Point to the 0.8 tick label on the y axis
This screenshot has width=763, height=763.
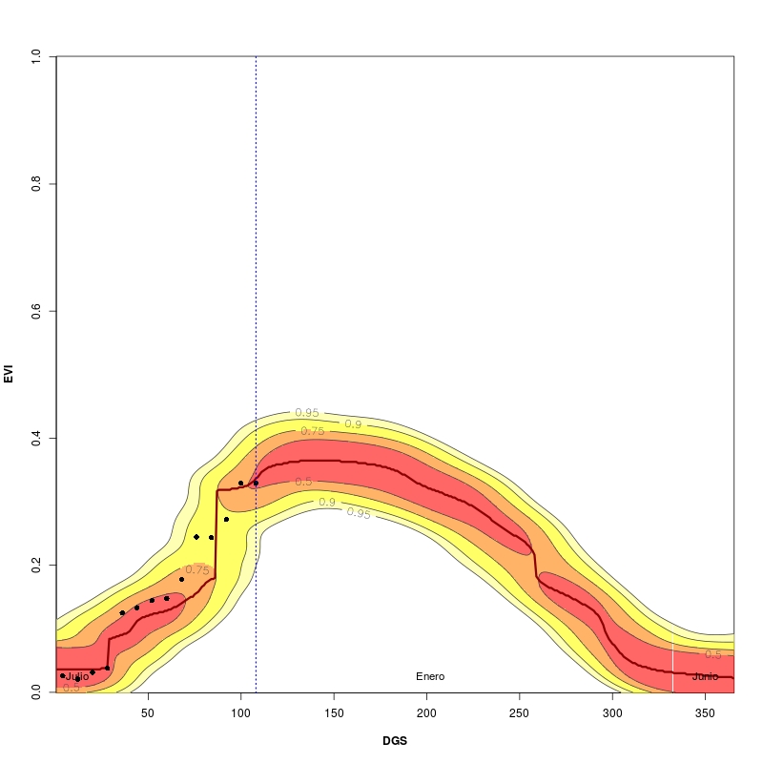pyautogui.click(x=35, y=183)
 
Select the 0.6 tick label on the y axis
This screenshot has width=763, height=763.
pyautogui.click(x=35, y=311)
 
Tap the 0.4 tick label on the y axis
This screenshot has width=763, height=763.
pyautogui.click(x=35, y=438)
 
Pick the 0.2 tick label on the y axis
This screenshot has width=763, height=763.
pyautogui.click(x=35, y=566)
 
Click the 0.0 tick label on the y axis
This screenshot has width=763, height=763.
pyautogui.click(x=35, y=692)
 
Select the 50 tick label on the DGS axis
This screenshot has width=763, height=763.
pyautogui.click(x=148, y=713)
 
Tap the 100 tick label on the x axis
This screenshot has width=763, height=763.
pyautogui.click(x=241, y=713)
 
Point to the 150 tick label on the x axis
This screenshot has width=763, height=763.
pyautogui.click(x=334, y=713)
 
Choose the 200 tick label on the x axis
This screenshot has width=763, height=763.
pyautogui.click(x=426, y=713)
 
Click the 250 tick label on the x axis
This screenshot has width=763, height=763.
pyautogui.click(x=520, y=713)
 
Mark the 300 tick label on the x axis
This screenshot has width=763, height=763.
pyautogui.click(x=612, y=713)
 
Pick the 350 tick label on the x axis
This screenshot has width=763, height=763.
pyautogui.click(x=705, y=713)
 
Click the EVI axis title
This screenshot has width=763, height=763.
pyautogui.click(x=9, y=374)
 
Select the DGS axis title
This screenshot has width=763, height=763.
pyautogui.click(x=395, y=740)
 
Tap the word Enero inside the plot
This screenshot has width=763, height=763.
pyautogui.click(x=430, y=676)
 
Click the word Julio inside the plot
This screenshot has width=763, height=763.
pyautogui.click(x=76, y=676)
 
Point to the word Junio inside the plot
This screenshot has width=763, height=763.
pyautogui.click(x=705, y=676)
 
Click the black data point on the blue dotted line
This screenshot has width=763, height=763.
pyautogui.click(x=256, y=483)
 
